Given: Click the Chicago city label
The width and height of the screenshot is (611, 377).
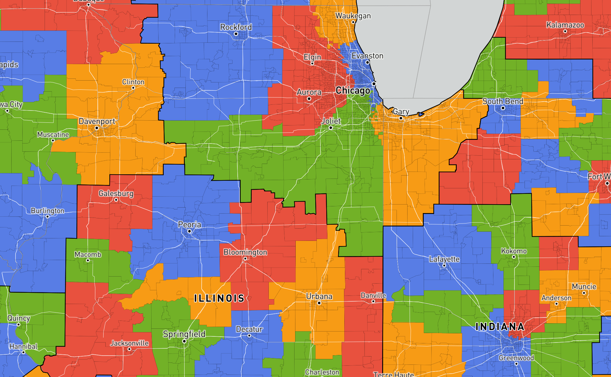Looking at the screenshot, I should tap(353, 91).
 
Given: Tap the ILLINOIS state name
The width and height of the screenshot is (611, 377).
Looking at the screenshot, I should tap(219, 298).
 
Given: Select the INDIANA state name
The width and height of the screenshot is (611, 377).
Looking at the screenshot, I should tap(500, 327).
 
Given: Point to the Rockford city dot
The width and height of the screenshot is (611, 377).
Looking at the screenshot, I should tap(236, 34).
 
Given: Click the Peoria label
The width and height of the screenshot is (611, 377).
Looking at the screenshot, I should tap(189, 225).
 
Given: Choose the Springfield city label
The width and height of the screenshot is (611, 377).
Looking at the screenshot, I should tap(184, 334).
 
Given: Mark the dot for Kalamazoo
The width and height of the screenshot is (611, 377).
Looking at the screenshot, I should tap(565, 31).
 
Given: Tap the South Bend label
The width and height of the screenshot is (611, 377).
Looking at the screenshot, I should tap(503, 101).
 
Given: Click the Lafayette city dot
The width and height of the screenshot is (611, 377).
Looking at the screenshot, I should tap(444, 266).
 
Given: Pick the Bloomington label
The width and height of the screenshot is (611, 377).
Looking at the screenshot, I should tap(245, 252).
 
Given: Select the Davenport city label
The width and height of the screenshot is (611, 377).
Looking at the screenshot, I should tap(97, 121).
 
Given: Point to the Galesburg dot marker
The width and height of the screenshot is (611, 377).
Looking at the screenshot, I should tap(116, 200).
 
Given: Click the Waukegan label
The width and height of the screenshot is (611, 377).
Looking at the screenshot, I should tap(353, 16).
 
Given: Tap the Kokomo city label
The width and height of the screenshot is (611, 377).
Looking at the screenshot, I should tap(514, 251).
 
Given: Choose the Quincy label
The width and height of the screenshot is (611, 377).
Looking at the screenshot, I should tap(19, 318).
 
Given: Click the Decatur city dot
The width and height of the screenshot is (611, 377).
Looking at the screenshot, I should tap(249, 335).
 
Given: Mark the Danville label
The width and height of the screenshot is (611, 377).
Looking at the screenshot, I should tap(373, 295).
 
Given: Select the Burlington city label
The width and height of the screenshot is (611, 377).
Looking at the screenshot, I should tap(48, 211).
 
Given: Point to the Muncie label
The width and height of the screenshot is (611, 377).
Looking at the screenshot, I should tap(584, 286).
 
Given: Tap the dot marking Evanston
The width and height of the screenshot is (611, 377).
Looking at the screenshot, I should tap(368, 62).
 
